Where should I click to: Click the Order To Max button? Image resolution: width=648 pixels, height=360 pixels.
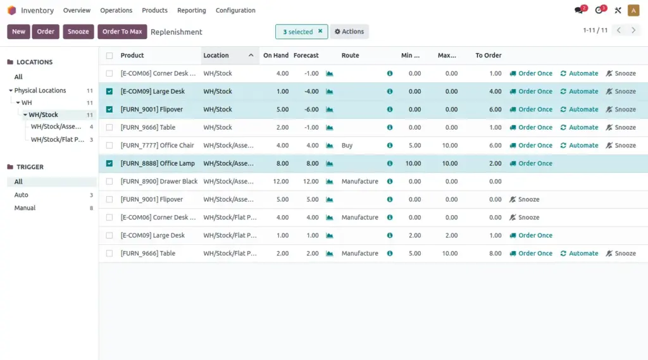click(x=122, y=32)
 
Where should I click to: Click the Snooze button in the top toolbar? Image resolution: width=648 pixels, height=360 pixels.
click(x=78, y=32)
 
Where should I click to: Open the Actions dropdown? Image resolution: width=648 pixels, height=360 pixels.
click(x=349, y=32)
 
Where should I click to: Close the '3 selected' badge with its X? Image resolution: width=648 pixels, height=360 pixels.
click(x=320, y=31)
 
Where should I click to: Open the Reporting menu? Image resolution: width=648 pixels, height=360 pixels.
click(x=191, y=11)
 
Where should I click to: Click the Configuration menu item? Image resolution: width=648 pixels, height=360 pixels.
click(x=235, y=11)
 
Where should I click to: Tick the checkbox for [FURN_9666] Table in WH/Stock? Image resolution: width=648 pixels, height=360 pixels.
click(x=109, y=127)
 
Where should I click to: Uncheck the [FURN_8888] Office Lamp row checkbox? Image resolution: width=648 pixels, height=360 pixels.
click(x=109, y=163)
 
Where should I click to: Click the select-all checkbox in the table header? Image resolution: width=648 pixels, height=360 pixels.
click(x=109, y=56)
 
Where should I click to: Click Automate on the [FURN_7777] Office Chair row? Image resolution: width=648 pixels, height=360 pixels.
click(x=579, y=146)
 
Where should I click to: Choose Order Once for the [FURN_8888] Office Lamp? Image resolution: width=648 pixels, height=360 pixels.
click(x=531, y=163)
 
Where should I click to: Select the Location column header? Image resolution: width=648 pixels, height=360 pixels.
click(x=216, y=56)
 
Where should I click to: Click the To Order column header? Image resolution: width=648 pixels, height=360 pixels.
click(x=489, y=56)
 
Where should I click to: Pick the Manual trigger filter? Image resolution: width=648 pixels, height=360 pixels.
click(x=25, y=208)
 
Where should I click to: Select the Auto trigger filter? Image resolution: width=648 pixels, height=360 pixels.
click(x=22, y=195)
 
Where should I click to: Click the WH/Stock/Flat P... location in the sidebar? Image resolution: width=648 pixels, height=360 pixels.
click(x=57, y=140)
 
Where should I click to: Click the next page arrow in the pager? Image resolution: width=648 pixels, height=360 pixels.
click(x=633, y=30)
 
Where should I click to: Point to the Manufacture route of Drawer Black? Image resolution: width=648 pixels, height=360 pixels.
click(x=359, y=182)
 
